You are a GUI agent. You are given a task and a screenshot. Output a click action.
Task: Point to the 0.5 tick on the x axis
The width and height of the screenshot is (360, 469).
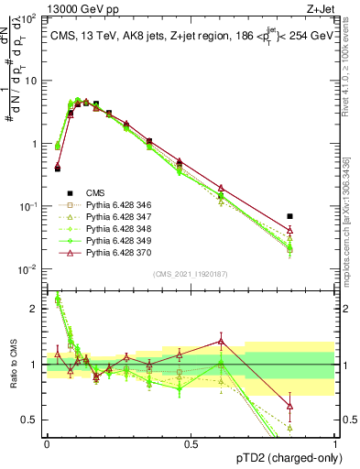click(191, 443)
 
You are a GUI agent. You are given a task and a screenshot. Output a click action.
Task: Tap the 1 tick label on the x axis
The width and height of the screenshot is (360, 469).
click(335, 443)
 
